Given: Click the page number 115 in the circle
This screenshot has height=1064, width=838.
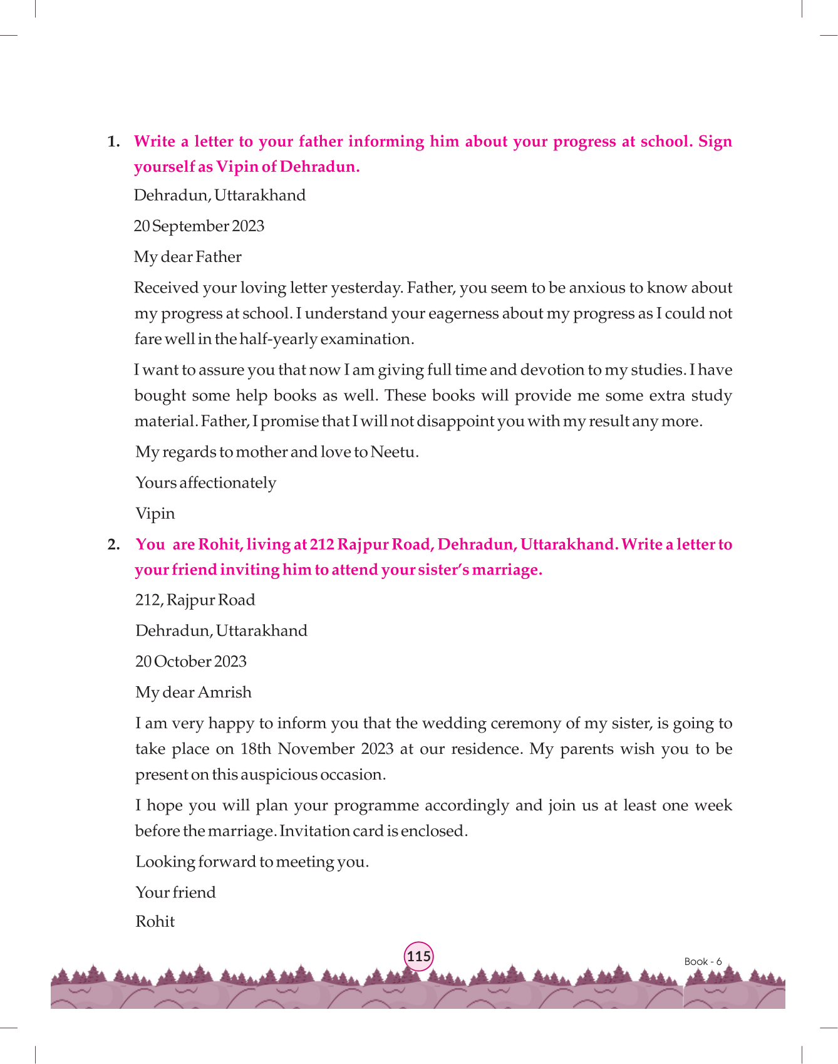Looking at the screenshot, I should click(418, 956).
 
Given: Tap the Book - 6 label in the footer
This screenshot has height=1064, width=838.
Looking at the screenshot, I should click(703, 961).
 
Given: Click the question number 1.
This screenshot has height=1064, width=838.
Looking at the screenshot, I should click(113, 142).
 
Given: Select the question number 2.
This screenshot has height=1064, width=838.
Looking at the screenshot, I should click(113, 545).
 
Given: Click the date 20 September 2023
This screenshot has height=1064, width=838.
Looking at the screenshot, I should click(199, 226).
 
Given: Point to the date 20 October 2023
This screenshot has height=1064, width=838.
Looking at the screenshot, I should click(191, 662).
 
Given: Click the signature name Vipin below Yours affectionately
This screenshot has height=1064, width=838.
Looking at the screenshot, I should click(155, 514).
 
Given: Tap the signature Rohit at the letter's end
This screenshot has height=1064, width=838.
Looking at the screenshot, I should click(155, 922).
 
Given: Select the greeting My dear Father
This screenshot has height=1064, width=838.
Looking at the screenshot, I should click(187, 257).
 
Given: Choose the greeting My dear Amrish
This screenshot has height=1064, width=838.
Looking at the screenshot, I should click(194, 692).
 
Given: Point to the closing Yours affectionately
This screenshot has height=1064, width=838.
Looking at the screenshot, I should click(205, 483).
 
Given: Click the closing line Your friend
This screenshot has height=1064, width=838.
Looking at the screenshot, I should click(175, 892).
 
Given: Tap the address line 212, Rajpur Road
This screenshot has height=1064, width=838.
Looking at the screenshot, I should click(195, 600).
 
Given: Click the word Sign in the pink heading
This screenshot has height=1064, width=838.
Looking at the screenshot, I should click(715, 142).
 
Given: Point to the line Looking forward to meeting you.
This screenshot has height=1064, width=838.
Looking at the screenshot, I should click(252, 862).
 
